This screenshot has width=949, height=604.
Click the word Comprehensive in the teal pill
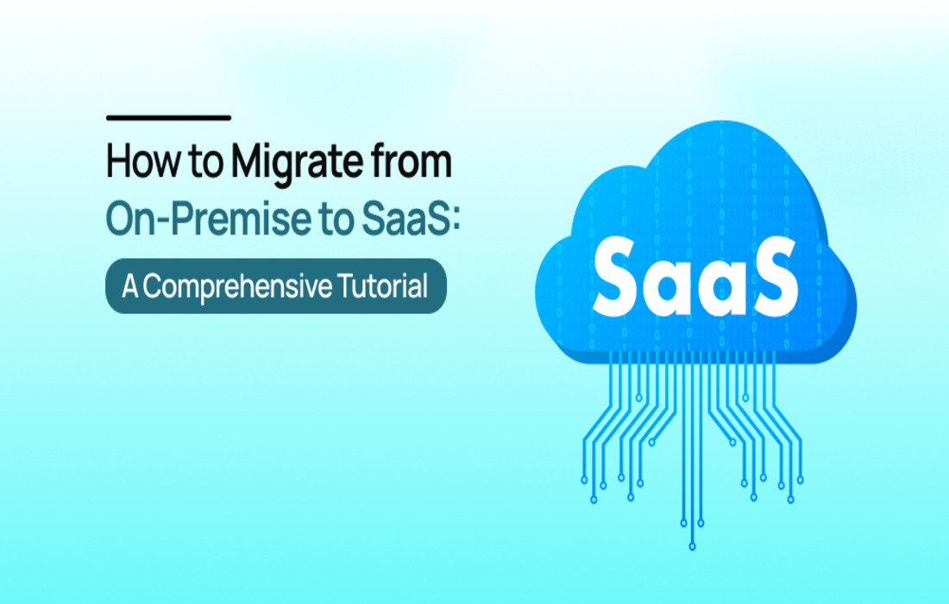[x=237, y=286]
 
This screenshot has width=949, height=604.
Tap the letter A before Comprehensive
[x=131, y=286]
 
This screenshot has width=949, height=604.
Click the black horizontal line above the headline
[x=168, y=117]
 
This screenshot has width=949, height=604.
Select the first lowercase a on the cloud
[x=669, y=286]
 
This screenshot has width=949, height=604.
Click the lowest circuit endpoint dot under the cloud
[x=693, y=546]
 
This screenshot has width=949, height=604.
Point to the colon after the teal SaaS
[x=456, y=221]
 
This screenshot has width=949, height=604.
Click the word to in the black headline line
[x=206, y=163]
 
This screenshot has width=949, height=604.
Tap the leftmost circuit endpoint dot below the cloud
[x=584, y=480]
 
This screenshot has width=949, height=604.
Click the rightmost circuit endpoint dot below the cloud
[x=800, y=480]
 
